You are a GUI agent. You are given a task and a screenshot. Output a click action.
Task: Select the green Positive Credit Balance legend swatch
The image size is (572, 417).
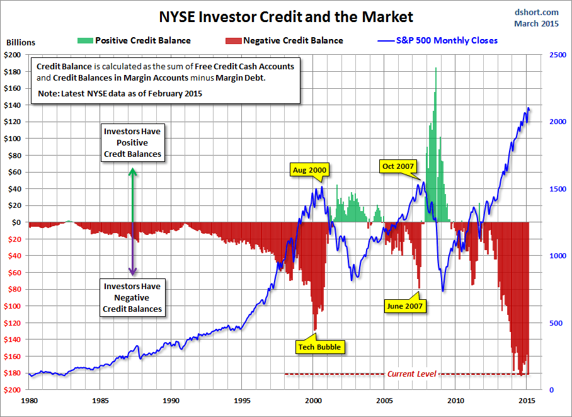coord(84,40)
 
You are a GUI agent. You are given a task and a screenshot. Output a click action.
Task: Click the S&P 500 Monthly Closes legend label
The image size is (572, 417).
coord(447,40)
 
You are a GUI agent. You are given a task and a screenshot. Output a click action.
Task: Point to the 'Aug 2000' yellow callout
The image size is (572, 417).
coord(309,169)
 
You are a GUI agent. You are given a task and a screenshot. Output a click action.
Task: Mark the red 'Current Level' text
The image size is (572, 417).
coord(411,374)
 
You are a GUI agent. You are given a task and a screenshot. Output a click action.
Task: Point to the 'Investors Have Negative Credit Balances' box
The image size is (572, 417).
coord(132,298)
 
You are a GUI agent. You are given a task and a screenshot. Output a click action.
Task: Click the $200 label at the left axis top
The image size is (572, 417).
coord(13,55)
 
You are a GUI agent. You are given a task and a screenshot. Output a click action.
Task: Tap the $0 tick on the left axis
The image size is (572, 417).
coord(18,222)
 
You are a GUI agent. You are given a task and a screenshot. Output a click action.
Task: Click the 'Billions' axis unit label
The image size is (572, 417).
coord(21,43)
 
